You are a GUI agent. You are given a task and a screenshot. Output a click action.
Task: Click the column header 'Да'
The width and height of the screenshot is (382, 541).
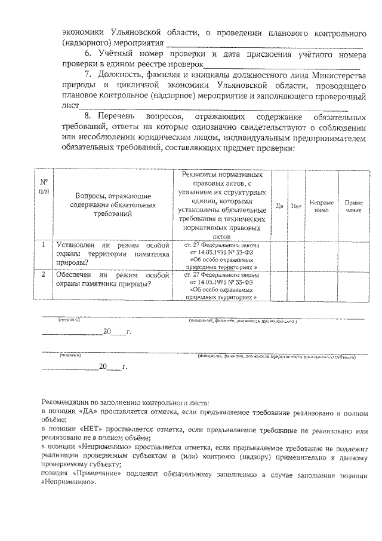pos(279,206)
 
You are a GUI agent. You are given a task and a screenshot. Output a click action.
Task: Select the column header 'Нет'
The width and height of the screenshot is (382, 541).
pos(295,206)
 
